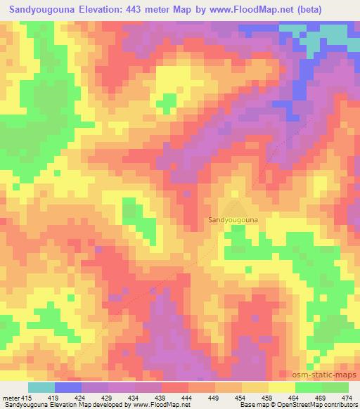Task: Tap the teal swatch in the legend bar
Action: (41, 387)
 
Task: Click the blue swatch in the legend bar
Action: (68, 387)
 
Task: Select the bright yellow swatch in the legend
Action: (282, 387)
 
